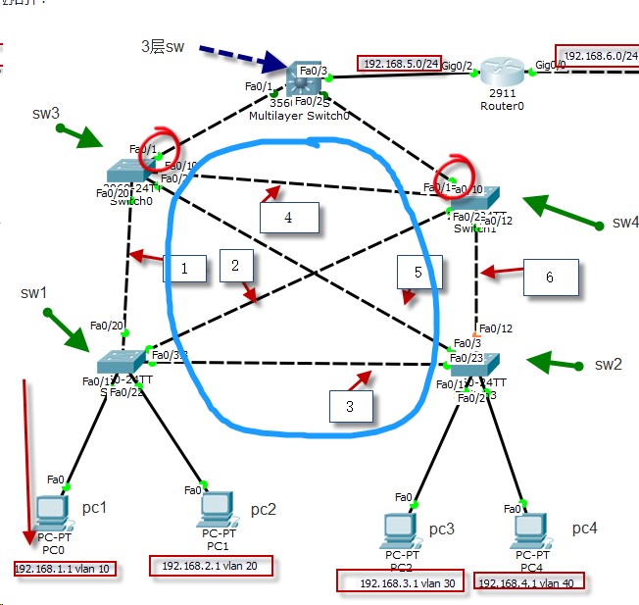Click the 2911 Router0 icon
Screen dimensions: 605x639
tap(501, 73)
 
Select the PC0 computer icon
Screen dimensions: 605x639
tap(50, 512)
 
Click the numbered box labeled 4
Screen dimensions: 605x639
tap(289, 217)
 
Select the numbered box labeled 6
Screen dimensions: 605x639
tap(550, 277)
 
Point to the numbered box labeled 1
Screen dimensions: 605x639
tap(183, 267)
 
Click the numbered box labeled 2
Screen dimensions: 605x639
tap(235, 264)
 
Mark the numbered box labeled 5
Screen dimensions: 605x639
tap(417, 274)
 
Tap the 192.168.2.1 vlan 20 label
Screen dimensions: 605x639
tap(211, 567)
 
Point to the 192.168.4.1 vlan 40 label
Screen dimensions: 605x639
tap(528, 582)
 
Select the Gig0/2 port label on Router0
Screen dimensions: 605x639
tap(457, 66)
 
